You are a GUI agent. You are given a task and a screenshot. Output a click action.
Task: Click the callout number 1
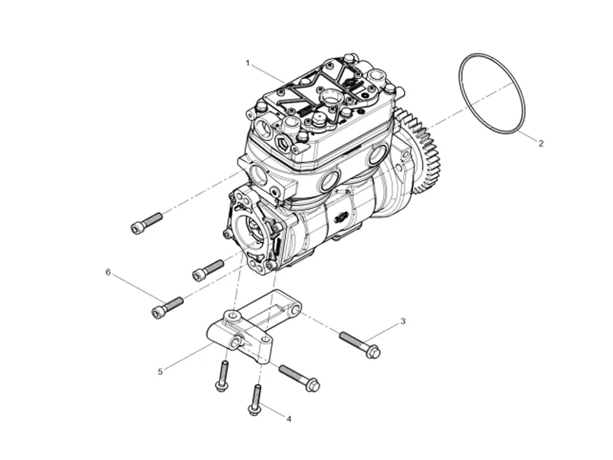pos(247,63)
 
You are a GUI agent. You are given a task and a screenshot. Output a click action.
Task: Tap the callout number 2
pos(541,143)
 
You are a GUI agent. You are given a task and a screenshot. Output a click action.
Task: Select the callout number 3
pos(403,321)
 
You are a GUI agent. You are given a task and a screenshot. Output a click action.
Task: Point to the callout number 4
pos(289,419)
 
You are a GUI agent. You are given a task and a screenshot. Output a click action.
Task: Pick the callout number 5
pos(160,372)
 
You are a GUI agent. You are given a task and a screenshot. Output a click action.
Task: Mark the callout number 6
pos(108,272)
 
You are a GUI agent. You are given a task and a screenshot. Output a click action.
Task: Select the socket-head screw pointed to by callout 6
pos(167,308)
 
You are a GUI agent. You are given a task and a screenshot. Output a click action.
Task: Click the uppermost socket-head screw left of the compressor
pos(146,223)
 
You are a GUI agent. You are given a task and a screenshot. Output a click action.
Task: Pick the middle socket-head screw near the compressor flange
pos(208,271)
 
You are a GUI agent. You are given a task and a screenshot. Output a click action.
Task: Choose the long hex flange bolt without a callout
pos(300,378)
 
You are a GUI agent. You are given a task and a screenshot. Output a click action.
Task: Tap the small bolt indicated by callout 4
pos(255,399)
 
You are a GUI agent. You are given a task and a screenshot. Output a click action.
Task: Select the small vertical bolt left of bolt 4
pos(223,376)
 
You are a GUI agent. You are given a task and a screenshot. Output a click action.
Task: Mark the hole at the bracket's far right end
pos(295,310)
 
